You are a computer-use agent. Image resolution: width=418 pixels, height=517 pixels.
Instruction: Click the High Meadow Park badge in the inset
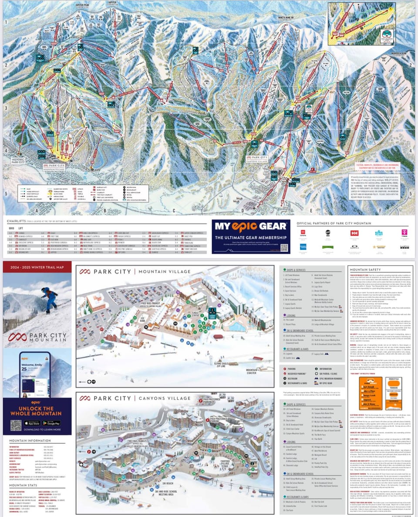386,35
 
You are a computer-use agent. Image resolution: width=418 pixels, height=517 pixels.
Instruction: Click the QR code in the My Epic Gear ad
284,248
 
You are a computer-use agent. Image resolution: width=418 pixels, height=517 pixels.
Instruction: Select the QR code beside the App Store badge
16,425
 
